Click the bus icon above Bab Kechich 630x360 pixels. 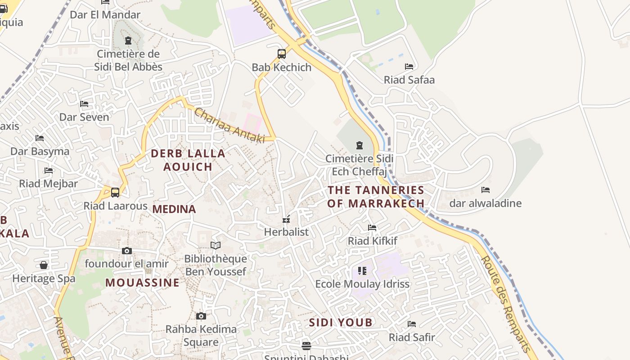point(282,54)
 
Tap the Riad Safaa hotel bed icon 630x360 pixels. point(409,67)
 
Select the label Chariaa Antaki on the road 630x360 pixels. point(229,126)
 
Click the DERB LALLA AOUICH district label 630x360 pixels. point(188,160)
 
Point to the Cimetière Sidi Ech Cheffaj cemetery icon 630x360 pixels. point(360,145)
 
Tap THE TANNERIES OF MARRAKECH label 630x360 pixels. point(376,197)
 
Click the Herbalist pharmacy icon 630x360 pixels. point(286,220)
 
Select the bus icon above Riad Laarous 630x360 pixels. point(115,193)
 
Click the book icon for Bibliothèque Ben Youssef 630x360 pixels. point(216,246)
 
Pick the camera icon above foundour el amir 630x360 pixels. point(127,251)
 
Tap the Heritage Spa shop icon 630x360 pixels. point(44,265)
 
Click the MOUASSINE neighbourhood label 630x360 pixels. point(142,283)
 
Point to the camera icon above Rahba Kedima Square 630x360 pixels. point(201,316)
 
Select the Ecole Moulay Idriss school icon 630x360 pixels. point(362,271)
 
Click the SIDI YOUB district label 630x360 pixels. point(341,322)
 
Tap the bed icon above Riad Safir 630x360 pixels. point(412,324)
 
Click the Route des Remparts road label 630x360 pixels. point(506,304)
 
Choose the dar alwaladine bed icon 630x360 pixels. point(486,190)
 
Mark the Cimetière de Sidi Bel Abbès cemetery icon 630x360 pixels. point(128,40)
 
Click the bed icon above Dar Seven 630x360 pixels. point(84,104)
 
